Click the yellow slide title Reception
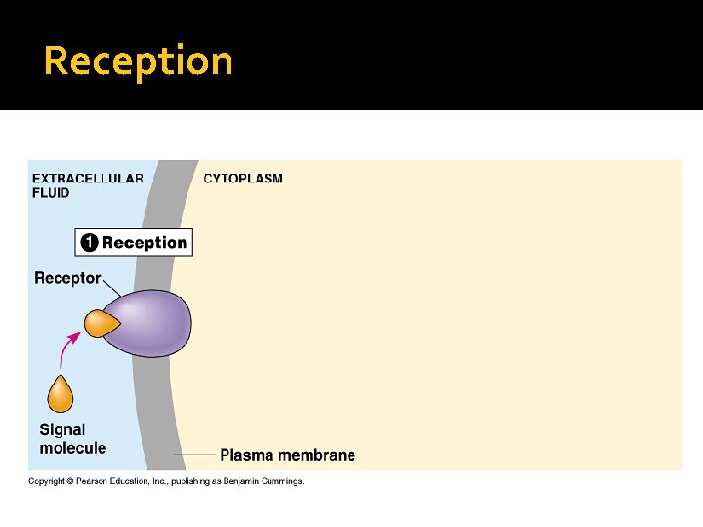138,61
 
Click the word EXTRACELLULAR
88,179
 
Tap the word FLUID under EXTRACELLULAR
51,193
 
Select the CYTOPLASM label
243,179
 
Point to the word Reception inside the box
145,243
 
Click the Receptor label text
67,278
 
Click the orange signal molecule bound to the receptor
98,324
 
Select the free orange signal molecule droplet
61,394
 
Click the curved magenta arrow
69,346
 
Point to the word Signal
62,429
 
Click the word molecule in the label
73,448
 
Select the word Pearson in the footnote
95,481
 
